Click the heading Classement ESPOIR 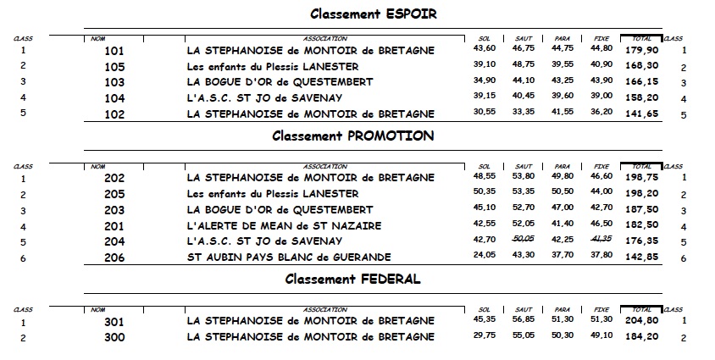pyautogui.click(x=373, y=14)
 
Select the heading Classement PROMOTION pyautogui.click(x=352, y=136)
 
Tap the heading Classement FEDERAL pyautogui.click(x=352, y=279)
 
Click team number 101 pyautogui.click(x=114, y=51)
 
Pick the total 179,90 pyautogui.click(x=641, y=51)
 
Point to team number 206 pyautogui.click(x=114, y=258)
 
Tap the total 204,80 pyautogui.click(x=641, y=322)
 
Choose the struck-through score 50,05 pyautogui.click(x=524, y=241)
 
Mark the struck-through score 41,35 pyautogui.click(x=601, y=241)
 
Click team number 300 pyautogui.click(x=114, y=338)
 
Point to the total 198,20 pyautogui.click(x=641, y=194)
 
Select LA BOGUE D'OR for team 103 pyautogui.click(x=279, y=82)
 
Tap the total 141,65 pyautogui.click(x=641, y=114)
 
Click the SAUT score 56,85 pyautogui.click(x=524, y=322)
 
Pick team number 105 pyautogui.click(x=114, y=66)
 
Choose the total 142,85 pyautogui.click(x=641, y=258)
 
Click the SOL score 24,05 pyautogui.click(x=484, y=258)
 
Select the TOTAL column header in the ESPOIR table pyautogui.click(x=641, y=38)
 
